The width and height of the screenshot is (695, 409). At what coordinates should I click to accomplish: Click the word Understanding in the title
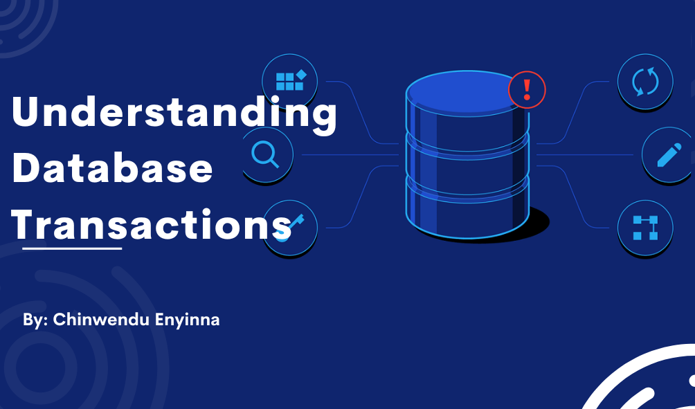174,114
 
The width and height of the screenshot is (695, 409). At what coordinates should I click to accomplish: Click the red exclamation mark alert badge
527,90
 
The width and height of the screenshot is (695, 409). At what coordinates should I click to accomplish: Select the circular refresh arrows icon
644,81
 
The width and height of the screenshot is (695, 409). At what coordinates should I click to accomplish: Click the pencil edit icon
668,155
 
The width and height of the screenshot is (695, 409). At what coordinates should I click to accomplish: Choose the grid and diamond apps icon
290,80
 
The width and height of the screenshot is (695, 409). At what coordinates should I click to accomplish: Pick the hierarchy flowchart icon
644,227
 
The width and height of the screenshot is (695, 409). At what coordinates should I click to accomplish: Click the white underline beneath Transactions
72,247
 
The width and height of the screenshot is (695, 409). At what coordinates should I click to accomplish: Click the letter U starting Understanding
26,114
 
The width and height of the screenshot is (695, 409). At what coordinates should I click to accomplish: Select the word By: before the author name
35,320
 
